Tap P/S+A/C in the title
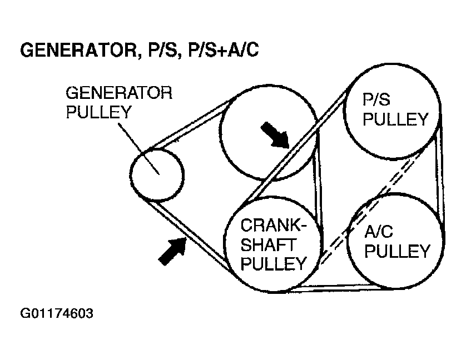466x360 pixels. (224, 49)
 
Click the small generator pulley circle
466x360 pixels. (157, 174)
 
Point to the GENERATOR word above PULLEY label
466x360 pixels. (119, 93)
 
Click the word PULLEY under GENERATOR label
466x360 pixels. (98, 112)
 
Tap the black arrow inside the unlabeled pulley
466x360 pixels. (275, 135)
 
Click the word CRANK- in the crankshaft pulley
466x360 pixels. (274, 225)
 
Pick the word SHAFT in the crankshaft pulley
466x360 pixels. (268, 244)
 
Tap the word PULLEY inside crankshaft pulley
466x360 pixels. (274, 263)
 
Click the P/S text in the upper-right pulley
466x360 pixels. (376, 99)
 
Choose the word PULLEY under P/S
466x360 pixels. (395, 119)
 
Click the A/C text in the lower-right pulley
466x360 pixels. (379, 231)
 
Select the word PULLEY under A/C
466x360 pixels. (398, 251)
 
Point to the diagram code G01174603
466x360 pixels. (57, 314)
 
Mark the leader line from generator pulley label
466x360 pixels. (139, 149)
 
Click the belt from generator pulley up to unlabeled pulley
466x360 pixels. (190, 122)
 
